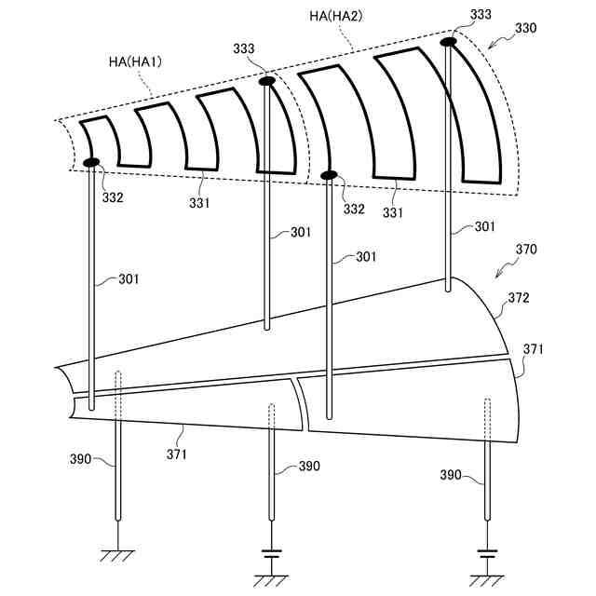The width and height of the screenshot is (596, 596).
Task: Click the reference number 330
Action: [525, 29]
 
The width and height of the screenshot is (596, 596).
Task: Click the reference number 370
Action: [526, 251]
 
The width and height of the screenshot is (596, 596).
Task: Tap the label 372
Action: [520, 298]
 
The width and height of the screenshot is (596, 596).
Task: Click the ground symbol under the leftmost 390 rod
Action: [118, 555]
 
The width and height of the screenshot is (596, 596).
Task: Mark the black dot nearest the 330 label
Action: [448, 41]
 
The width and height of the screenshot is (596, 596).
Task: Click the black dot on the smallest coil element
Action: [92, 163]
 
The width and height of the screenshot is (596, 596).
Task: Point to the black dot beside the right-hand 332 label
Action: [328, 175]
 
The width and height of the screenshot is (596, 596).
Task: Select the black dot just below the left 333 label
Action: [266, 81]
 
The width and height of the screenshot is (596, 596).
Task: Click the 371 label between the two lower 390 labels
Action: [177, 454]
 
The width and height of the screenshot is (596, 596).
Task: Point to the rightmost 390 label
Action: [452, 475]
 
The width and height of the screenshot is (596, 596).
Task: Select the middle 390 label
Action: [309, 467]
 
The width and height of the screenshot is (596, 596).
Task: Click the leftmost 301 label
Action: [131, 278]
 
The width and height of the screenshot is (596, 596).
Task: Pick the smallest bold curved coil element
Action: [101, 143]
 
